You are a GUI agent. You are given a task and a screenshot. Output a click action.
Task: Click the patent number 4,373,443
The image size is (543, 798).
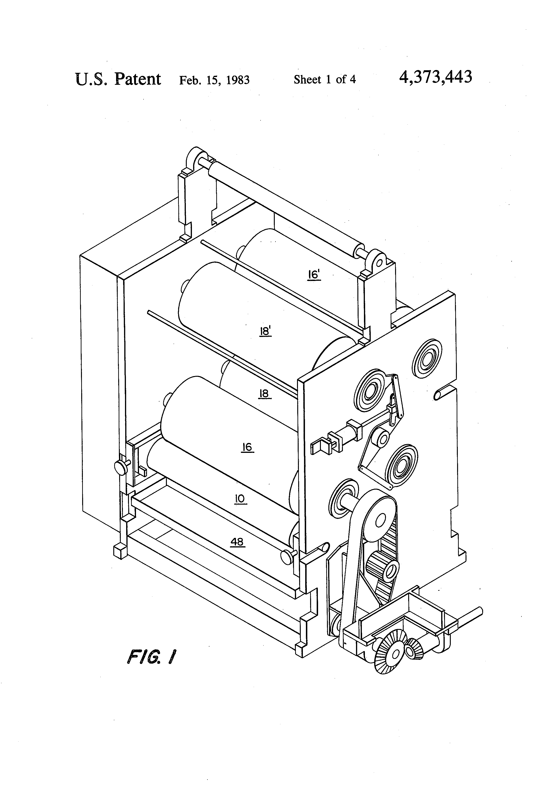[x=435, y=78]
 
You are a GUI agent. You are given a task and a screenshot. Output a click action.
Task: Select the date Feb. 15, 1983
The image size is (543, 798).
[x=214, y=80]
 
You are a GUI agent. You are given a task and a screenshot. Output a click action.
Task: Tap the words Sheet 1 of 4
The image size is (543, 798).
[x=324, y=80]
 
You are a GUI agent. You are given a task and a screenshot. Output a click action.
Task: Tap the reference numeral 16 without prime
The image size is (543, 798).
[x=247, y=447]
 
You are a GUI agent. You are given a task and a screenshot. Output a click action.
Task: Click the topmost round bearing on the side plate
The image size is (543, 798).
[x=427, y=359]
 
